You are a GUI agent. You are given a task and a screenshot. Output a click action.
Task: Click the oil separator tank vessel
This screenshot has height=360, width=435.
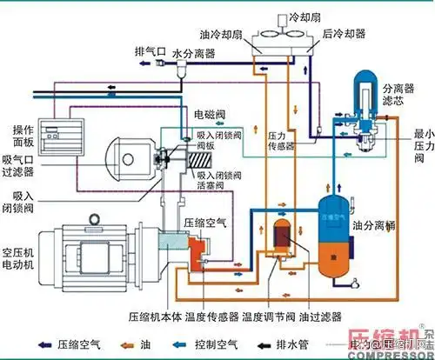(x=334, y=226)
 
